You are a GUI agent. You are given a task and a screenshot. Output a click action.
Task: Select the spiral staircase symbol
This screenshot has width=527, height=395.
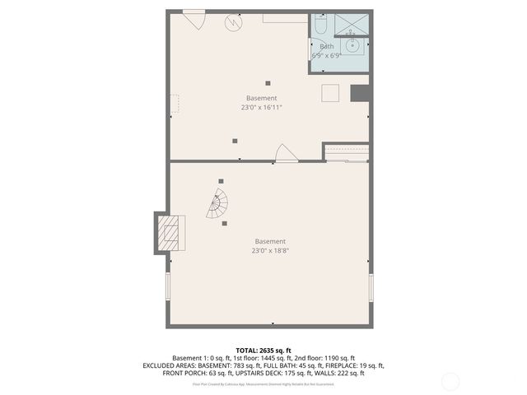217,205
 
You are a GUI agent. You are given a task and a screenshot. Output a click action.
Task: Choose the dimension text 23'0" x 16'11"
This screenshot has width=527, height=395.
261,107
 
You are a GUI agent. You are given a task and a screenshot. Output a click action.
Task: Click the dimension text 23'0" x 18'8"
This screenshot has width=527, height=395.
270,250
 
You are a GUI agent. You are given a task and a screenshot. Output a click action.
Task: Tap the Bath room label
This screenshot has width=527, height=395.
326,46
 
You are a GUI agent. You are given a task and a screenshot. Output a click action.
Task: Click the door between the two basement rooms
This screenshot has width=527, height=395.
286,154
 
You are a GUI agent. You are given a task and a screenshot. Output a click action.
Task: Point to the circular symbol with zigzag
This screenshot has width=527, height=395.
235,24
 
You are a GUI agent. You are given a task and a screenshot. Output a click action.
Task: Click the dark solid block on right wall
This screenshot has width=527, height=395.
359,93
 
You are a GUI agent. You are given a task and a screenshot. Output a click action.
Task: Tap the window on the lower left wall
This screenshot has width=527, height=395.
168,287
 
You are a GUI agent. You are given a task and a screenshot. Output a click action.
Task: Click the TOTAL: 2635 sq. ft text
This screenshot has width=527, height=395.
263,351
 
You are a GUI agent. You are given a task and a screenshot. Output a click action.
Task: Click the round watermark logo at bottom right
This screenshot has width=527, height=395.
450,381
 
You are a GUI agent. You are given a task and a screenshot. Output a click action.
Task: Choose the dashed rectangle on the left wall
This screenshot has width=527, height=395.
174,104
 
